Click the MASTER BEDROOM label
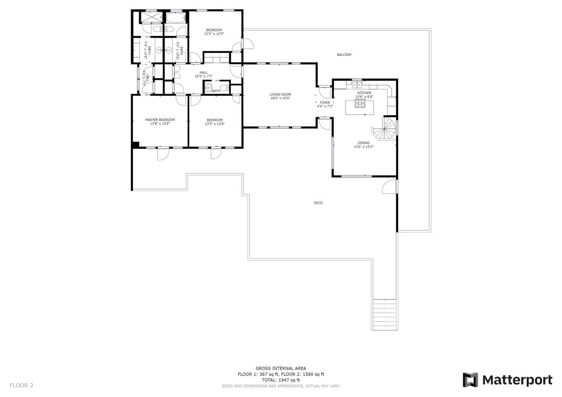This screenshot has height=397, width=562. [x=160, y=120]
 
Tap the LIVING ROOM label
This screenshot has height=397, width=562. [x=280, y=94]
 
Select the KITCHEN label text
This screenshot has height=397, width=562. [x=364, y=93]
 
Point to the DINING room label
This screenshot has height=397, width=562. [x=363, y=143]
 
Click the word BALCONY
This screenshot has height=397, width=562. [x=344, y=55]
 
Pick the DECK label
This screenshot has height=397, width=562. [x=318, y=203]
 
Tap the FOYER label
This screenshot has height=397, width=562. [x=325, y=103]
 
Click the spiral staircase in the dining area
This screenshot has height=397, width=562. [x=384, y=129]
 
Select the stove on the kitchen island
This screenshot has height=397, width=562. [x=360, y=103]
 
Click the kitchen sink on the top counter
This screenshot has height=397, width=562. [x=357, y=85]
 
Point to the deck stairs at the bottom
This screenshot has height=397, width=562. [x=384, y=315]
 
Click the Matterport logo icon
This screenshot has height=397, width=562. [x=470, y=380]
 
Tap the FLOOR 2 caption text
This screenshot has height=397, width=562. [x=22, y=385]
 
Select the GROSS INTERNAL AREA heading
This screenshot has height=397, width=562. [x=281, y=368]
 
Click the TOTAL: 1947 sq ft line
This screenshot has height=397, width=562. [x=281, y=380]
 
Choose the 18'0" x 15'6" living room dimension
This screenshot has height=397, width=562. [x=280, y=98]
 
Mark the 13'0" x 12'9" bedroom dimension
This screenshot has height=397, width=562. [x=214, y=33]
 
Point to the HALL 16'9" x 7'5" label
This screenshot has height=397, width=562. [x=204, y=74]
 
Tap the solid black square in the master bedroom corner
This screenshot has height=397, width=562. [x=136, y=145]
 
